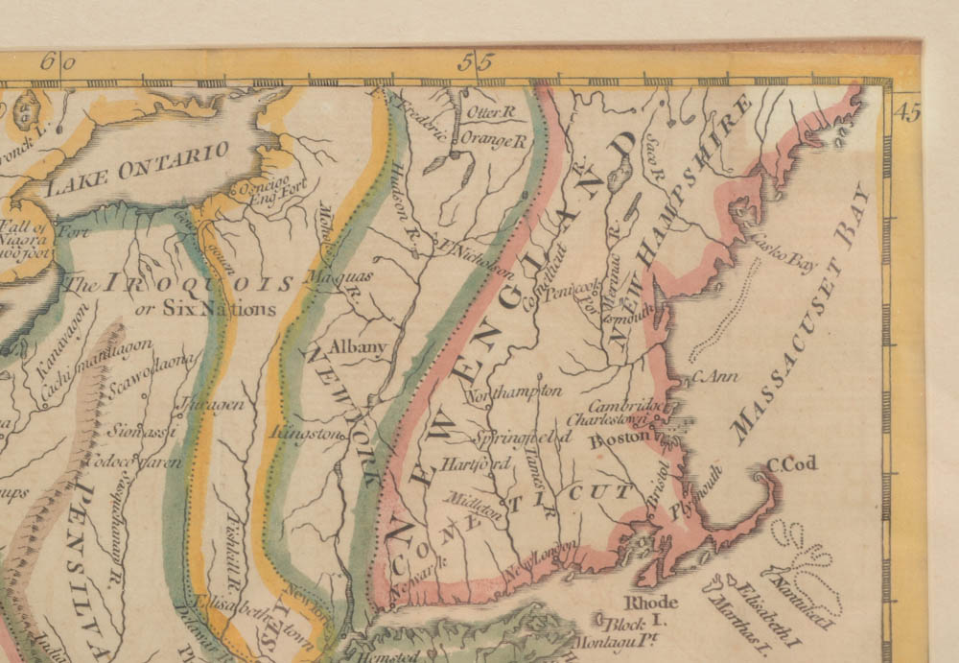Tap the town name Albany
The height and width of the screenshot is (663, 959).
pyautogui.click(x=357, y=347)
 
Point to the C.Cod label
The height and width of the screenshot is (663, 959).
pyautogui.click(x=791, y=464)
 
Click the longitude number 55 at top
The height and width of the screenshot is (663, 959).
pyautogui.click(x=475, y=63)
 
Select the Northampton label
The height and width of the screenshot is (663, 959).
pyautogui.click(x=514, y=393)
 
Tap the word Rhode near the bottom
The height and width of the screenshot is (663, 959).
pyautogui.click(x=651, y=603)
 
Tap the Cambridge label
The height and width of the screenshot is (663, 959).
pyautogui.click(x=623, y=406)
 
